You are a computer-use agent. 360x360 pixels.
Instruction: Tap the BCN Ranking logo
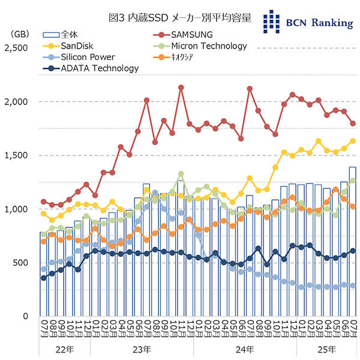coord(308,22)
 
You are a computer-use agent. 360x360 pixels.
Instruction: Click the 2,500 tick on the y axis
coord(17,48)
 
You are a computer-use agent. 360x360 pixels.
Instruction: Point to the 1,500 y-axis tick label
coord(17,155)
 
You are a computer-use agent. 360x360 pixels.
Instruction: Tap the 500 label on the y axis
coord(22,263)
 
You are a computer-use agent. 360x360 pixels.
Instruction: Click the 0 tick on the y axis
coord(28,316)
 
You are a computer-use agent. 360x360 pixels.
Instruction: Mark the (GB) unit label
coord(17,34)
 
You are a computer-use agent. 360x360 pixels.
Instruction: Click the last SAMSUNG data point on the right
coord(353,124)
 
